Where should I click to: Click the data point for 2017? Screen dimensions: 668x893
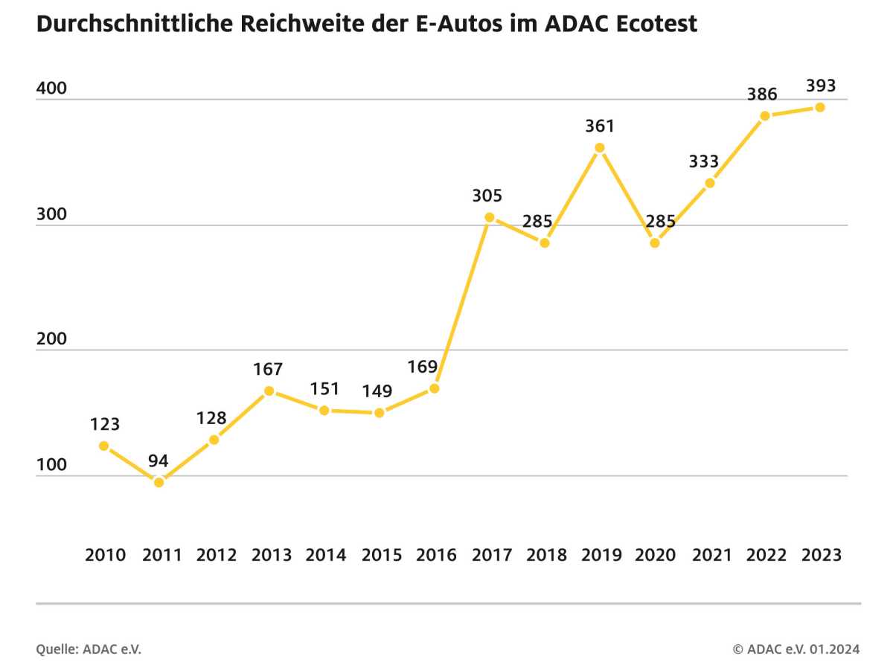[x=489, y=217]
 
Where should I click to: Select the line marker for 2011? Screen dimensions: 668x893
[x=159, y=482]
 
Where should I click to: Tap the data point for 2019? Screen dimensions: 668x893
[x=600, y=147]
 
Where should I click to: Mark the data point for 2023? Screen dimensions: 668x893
[x=820, y=107]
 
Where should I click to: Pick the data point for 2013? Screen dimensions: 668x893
[x=269, y=391]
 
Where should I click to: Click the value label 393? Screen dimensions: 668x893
[x=821, y=86]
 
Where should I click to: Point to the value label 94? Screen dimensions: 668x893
[x=158, y=460]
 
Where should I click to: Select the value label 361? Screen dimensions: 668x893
[x=600, y=126]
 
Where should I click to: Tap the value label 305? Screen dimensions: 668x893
[x=487, y=196]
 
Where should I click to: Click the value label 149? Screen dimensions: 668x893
[x=378, y=391]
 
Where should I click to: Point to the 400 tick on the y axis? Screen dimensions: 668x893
[x=51, y=89]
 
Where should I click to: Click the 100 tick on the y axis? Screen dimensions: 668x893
[x=51, y=465]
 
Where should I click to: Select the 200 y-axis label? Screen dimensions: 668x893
[x=51, y=339]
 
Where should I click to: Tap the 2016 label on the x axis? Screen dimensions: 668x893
[x=436, y=555]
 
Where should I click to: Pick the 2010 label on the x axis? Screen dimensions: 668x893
[x=106, y=555]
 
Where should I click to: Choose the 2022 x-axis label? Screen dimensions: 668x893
[x=766, y=555]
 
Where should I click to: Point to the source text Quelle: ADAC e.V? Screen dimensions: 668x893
[x=89, y=649]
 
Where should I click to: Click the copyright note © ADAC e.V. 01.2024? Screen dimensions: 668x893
[x=796, y=649]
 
